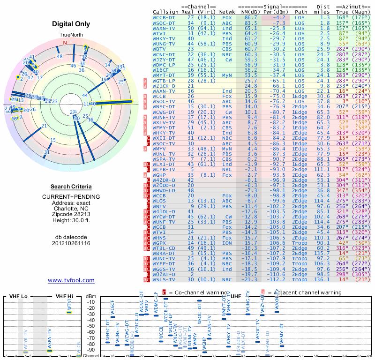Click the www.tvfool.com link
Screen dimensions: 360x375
(71, 280)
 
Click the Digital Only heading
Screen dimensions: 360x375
(71, 24)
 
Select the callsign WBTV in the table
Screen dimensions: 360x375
(159, 49)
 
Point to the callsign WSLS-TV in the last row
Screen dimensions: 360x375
(165, 279)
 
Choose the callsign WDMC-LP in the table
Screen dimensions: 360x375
(165, 64)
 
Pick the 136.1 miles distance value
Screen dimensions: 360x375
(322, 279)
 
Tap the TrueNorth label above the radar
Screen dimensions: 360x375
(71, 35)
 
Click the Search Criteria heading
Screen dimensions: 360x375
(71, 187)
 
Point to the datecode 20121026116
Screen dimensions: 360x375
(71, 243)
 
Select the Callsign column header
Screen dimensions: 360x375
(166, 12)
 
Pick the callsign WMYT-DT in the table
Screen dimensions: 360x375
(165, 75)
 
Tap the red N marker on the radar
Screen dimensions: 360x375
(65, 43)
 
